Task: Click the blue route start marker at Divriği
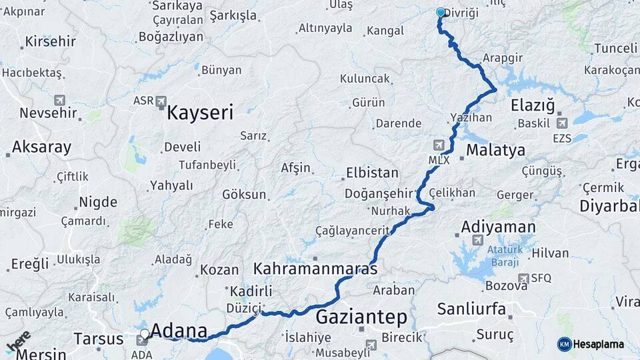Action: coord(440,12)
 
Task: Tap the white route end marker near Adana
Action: coord(145,333)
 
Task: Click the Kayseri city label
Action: coord(200,113)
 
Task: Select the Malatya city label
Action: coord(495,150)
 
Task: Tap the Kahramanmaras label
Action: coord(315,269)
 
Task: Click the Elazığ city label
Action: coord(532,105)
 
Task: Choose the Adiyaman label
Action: coord(498,227)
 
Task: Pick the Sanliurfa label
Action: coord(471,309)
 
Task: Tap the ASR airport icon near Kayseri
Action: coord(161,101)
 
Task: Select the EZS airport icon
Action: coord(561,123)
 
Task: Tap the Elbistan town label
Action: coord(371,173)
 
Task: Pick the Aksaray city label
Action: coord(41,147)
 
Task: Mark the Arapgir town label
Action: coord(502,58)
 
